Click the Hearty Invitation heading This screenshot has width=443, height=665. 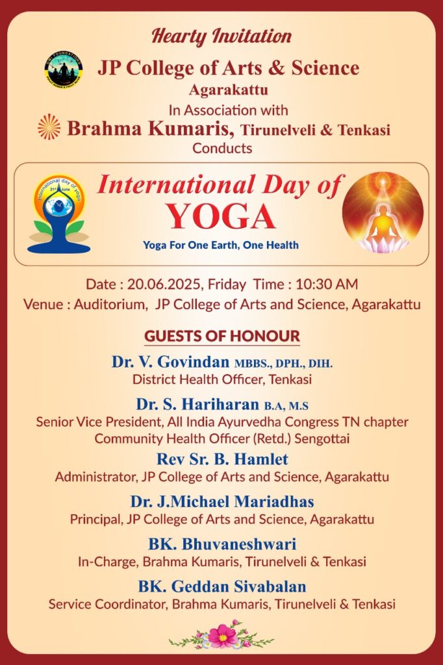[221, 36]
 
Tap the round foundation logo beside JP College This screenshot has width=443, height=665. [64, 69]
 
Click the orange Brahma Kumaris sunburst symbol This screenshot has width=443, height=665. [49, 127]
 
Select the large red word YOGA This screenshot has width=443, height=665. [221, 216]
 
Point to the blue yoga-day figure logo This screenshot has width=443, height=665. [58, 214]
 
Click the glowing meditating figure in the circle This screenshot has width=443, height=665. [383, 212]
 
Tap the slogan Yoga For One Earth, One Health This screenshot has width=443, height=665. [221, 245]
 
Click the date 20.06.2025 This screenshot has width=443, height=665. [164, 284]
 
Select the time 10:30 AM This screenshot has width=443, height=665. [327, 284]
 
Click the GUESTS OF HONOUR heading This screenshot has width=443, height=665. [222, 336]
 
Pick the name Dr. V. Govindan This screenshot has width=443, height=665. [171, 362]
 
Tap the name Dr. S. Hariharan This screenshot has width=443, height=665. [197, 404]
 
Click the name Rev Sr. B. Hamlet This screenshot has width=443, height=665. [222, 459]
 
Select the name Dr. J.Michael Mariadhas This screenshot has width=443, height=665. [222, 501]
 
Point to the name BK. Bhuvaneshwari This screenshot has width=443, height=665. [222, 544]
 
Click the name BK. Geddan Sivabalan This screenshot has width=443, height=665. [222, 586]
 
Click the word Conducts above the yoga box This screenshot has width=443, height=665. [222, 149]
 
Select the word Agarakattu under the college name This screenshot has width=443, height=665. [228, 90]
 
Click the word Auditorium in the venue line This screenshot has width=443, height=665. [109, 305]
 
